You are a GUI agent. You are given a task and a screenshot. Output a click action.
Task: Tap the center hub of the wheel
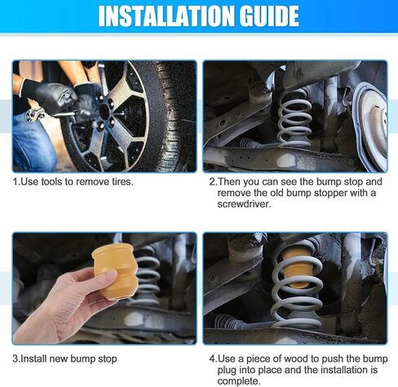pos(104,111)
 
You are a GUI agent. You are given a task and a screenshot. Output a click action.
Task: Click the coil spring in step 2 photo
pos(294,118)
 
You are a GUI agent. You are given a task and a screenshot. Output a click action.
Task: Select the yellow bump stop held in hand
pos(115,271)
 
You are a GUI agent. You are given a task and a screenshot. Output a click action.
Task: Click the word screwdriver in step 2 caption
pos(244,204)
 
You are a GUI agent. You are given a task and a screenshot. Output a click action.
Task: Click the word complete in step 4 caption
pos(239,381)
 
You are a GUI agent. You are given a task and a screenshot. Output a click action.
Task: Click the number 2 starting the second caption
pos(212,181)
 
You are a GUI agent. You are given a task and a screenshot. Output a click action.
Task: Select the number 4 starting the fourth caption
pos(212,358)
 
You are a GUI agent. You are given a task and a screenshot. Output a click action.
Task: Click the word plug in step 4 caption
pos(227,371)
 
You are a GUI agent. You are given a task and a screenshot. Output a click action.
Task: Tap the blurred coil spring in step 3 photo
pos(148,275)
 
